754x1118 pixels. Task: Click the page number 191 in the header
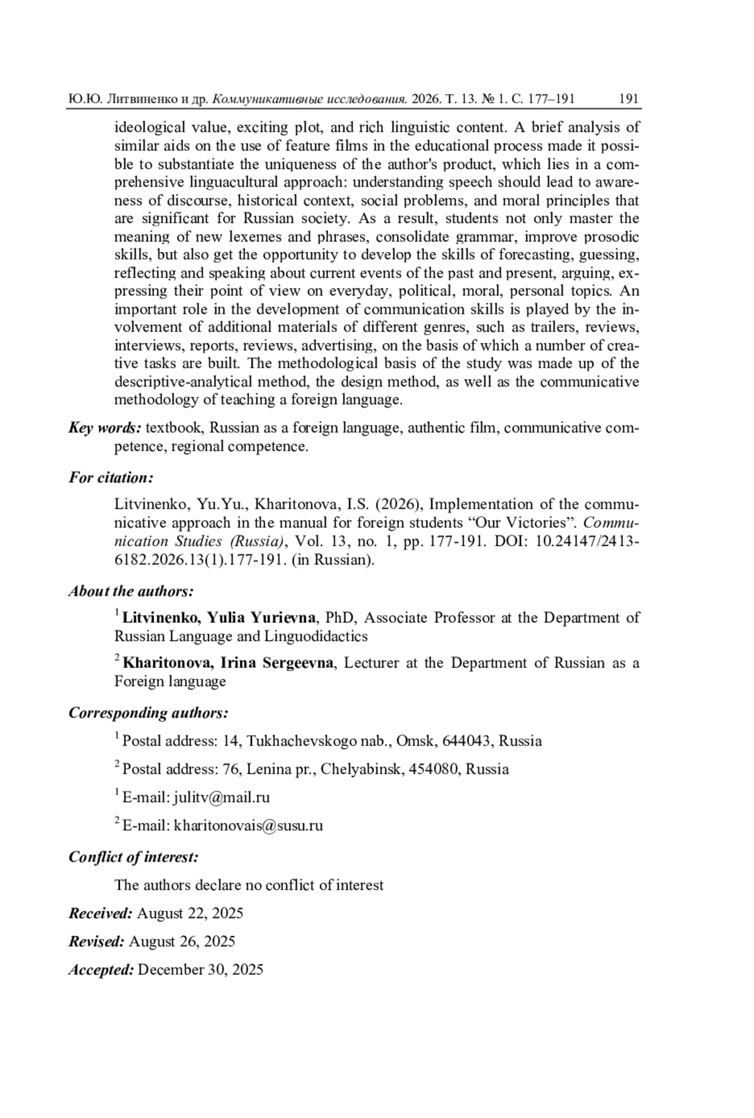[x=628, y=99]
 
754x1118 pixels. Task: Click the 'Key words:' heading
[x=105, y=428]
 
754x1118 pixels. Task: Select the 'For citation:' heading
[x=111, y=478]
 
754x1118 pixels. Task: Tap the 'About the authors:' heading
[x=131, y=591]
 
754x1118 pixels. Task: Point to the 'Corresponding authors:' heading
[x=148, y=713]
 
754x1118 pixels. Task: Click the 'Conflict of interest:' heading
[x=133, y=857]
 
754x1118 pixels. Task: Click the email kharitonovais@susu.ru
[x=248, y=825]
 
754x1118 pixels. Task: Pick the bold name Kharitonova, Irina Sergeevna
[x=228, y=663]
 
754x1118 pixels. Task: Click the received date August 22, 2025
[x=190, y=913]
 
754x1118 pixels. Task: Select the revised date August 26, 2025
[x=182, y=941]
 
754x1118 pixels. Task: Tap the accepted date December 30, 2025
[x=200, y=970]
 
